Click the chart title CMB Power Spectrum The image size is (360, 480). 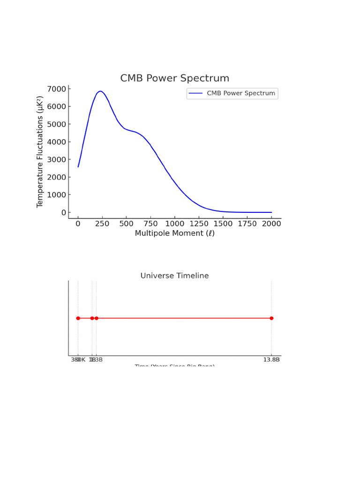point(174,78)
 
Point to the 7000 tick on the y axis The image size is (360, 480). point(57,89)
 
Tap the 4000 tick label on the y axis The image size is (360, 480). point(57,142)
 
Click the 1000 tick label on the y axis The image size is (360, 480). point(57,195)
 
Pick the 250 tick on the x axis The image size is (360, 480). point(102,224)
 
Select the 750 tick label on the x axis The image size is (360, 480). point(150,224)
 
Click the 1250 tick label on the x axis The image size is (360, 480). point(199,224)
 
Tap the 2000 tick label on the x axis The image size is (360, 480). point(271,224)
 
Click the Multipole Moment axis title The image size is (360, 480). point(174,233)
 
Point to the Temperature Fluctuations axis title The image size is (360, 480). point(40,152)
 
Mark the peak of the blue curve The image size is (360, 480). point(100,91)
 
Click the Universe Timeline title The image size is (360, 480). point(174,276)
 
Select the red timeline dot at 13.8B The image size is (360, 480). point(271,318)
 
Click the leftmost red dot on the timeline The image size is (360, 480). point(78,318)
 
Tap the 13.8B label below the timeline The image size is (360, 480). point(271,360)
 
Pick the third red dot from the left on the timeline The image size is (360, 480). point(96,318)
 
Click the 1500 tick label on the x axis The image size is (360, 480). point(223,224)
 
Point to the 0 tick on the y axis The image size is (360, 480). point(63,213)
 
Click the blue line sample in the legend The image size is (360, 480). point(195,93)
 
